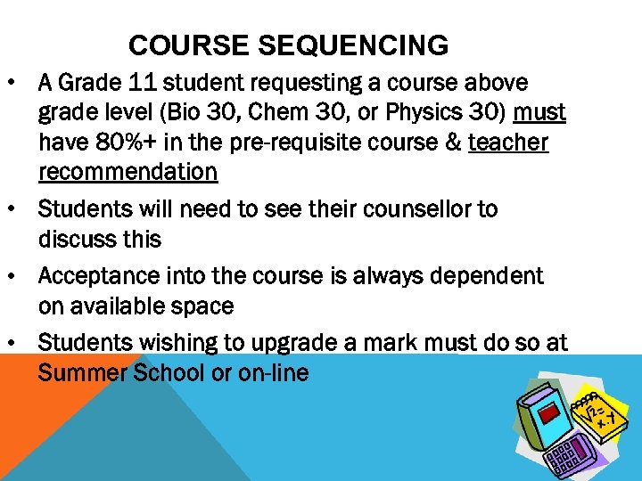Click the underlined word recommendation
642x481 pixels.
pyautogui.click(x=128, y=171)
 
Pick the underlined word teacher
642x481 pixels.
pyautogui.click(x=508, y=142)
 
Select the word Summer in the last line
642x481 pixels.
pyautogui.click(x=84, y=372)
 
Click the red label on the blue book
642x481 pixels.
pyautogui.click(x=553, y=415)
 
